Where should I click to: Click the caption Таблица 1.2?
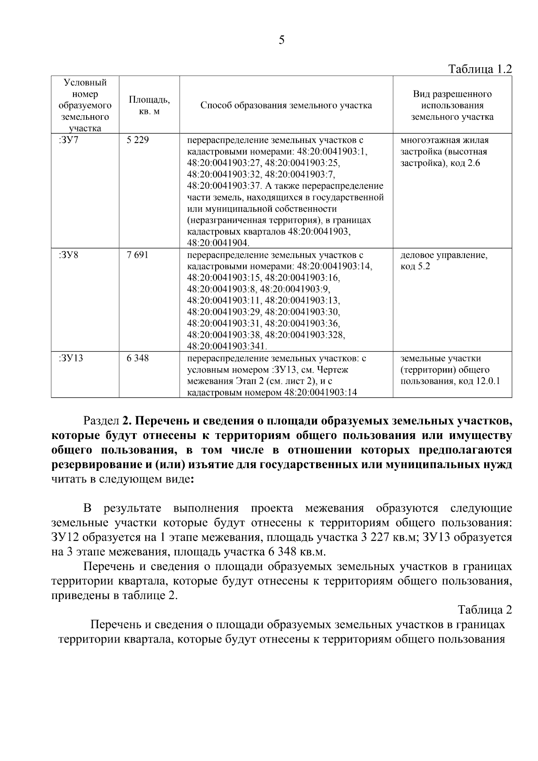(x=480, y=70)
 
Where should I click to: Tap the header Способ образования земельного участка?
(x=286, y=106)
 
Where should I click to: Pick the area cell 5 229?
(x=138, y=140)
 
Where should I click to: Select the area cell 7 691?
(x=138, y=255)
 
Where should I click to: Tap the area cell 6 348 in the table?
(x=138, y=358)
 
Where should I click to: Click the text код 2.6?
(x=464, y=163)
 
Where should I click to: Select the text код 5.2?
(x=415, y=267)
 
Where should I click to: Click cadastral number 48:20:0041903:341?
(x=227, y=347)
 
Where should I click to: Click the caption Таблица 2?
(x=485, y=610)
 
